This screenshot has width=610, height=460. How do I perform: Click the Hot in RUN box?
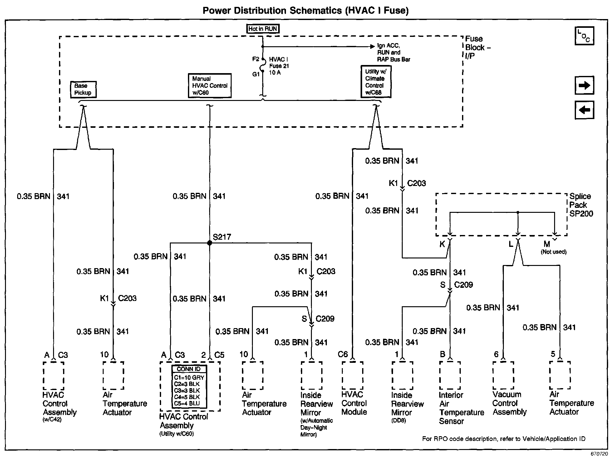(x=263, y=29)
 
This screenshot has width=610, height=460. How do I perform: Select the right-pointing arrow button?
(x=584, y=85)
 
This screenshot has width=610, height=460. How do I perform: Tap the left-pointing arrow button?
(x=584, y=110)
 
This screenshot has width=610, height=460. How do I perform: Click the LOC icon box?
(x=584, y=36)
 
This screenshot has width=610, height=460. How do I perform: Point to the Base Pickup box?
(x=83, y=89)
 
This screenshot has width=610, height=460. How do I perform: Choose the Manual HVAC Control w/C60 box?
(x=209, y=86)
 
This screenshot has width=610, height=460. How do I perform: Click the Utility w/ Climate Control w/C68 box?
(x=376, y=82)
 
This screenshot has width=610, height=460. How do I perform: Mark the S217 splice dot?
(x=209, y=243)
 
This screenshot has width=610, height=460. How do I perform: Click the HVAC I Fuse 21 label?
(x=279, y=66)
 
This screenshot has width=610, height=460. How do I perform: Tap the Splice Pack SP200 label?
(x=581, y=205)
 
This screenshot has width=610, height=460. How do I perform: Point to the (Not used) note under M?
(x=553, y=252)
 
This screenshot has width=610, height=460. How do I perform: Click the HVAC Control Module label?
(x=354, y=403)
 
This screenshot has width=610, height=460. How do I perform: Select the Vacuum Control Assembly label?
(x=509, y=403)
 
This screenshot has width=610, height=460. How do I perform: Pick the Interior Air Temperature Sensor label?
(x=461, y=408)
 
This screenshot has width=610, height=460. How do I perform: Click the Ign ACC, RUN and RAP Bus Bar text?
(x=393, y=52)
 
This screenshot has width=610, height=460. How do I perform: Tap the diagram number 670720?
(x=598, y=454)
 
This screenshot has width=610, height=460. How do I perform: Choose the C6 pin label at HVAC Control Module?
(x=343, y=354)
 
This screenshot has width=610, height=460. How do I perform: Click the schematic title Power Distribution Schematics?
(x=305, y=11)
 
